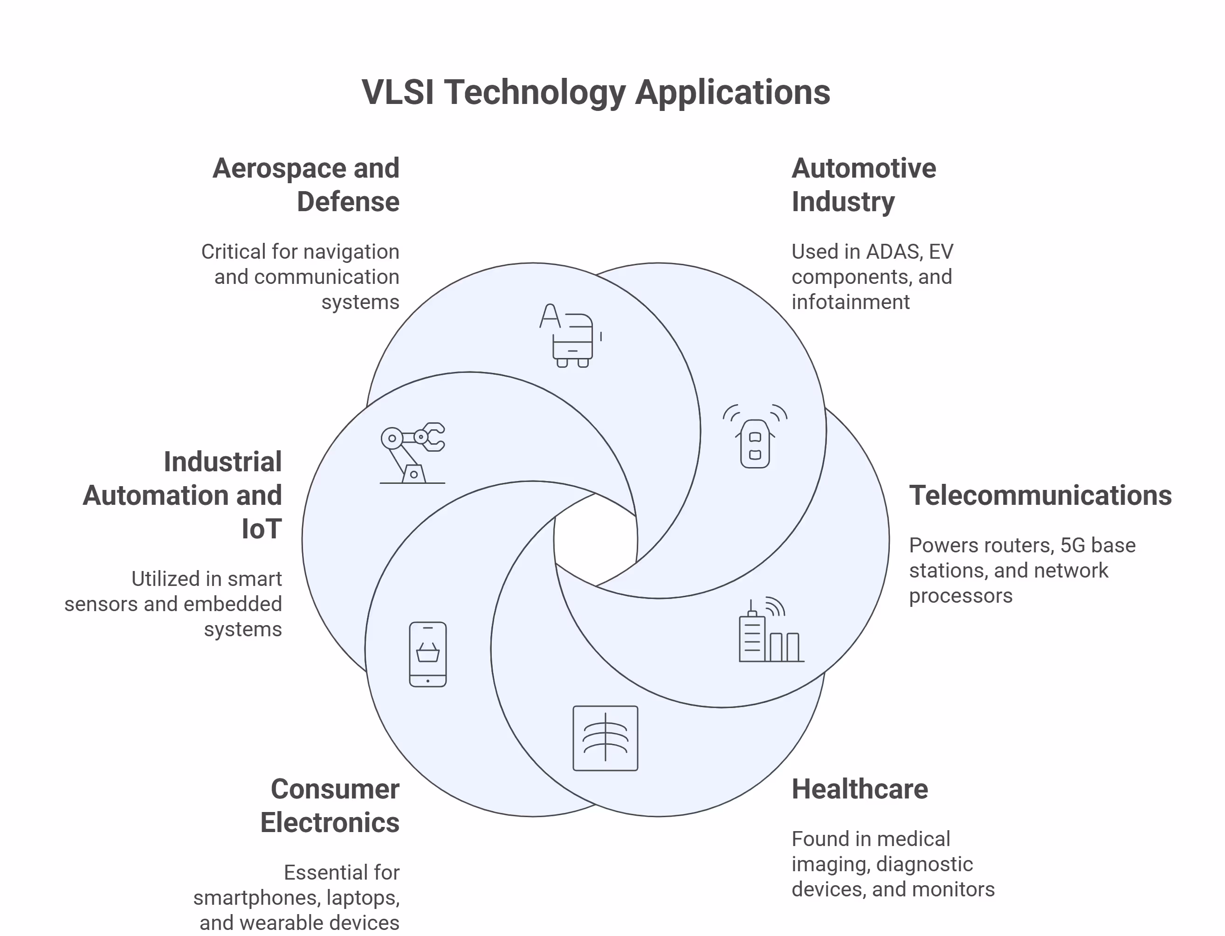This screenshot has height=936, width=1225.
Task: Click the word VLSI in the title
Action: pyautogui.click(x=398, y=92)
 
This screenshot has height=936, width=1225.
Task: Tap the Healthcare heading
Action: pyautogui.click(x=860, y=790)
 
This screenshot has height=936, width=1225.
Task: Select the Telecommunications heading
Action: pyautogui.click(x=1040, y=496)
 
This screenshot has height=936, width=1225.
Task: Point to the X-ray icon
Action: pyautogui.click(x=605, y=738)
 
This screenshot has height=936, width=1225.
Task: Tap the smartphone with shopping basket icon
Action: pyautogui.click(x=428, y=654)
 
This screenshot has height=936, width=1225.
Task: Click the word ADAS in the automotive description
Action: pyautogui.click(x=890, y=252)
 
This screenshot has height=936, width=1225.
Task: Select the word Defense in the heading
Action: pyautogui.click(x=348, y=202)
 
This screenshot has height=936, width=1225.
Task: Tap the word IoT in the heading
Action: pyautogui.click(x=261, y=529)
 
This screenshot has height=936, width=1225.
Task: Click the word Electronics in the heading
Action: pyautogui.click(x=330, y=823)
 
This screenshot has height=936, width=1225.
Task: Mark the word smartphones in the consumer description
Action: pyautogui.click(x=256, y=898)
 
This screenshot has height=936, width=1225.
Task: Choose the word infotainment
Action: pyautogui.click(x=850, y=303)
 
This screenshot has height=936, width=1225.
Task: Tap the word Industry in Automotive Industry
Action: pyautogui.click(x=843, y=202)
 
